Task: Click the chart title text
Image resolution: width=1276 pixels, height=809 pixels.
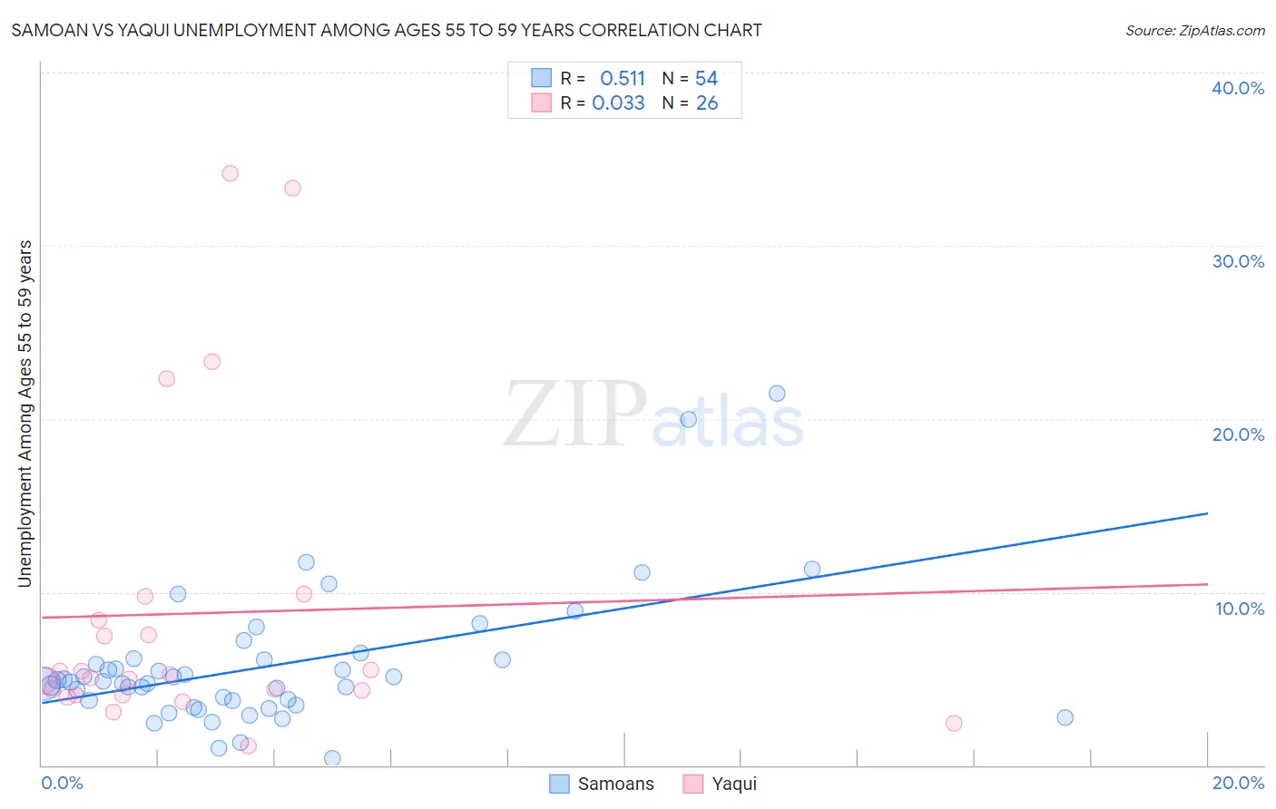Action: click(387, 30)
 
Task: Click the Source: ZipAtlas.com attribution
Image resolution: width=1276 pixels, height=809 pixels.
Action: click(1194, 30)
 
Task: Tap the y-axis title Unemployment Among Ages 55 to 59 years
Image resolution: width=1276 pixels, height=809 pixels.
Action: click(25, 414)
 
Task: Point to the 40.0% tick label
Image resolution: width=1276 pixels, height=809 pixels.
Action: click(1237, 88)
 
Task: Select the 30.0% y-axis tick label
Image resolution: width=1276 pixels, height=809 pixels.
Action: click(1237, 261)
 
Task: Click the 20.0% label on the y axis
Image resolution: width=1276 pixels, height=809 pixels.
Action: click(1237, 434)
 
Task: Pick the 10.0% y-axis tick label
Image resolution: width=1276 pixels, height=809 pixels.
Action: click(1239, 609)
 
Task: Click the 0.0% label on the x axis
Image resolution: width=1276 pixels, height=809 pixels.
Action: click(62, 783)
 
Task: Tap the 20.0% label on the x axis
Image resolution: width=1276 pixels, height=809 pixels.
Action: click(1237, 783)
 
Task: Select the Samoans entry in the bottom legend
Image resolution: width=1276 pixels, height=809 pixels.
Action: click(602, 784)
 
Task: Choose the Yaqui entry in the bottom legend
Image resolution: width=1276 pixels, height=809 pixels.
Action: click(720, 784)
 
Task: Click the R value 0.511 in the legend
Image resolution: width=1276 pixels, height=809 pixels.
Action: click(622, 79)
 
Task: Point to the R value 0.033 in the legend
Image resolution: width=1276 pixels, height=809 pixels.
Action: click(618, 103)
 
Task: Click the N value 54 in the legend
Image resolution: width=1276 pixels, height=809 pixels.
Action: click(706, 79)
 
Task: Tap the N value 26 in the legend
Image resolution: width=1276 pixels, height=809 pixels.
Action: click(706, 103)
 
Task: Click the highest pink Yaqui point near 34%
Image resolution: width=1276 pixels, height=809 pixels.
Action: click(231, 173)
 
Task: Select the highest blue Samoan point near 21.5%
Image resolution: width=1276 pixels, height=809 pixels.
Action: click(777, 394)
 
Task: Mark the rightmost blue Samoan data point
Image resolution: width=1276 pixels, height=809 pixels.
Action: click(1065, 717)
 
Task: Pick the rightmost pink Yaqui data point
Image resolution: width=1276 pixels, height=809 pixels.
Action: click(954, 723)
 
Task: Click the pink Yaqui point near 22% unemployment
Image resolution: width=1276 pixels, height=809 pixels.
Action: click(167, 378)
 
